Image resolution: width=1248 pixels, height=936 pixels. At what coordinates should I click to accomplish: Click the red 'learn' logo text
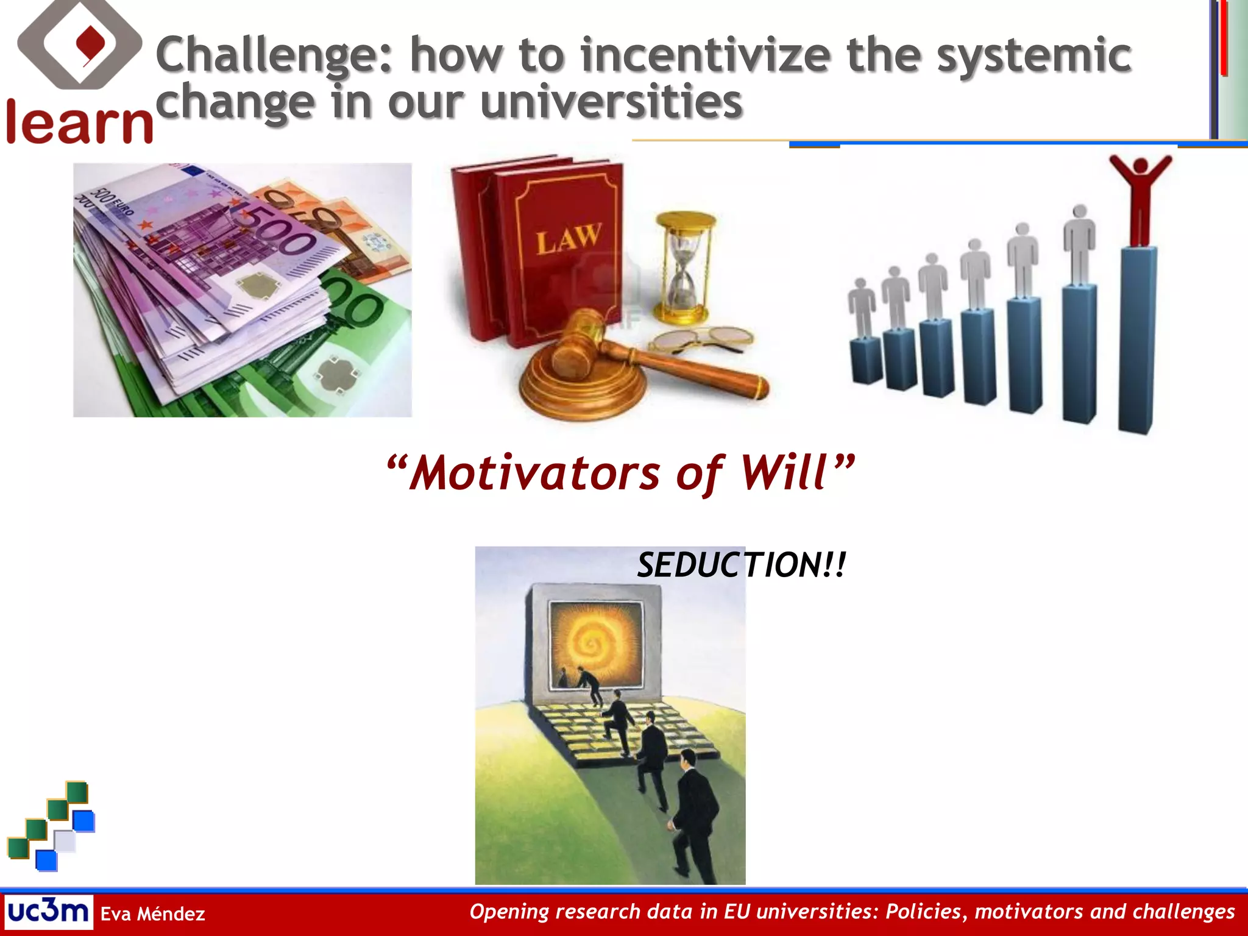(x=79, y=124)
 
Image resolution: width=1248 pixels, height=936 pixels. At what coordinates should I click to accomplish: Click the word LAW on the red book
(x=568, y=238)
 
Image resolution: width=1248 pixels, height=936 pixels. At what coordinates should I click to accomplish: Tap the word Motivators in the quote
(x=534, y=473)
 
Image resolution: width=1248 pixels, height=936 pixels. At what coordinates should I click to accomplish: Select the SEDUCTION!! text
(x=741, y=565)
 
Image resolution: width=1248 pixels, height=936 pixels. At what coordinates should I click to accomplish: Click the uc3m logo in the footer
(x=48, y=912)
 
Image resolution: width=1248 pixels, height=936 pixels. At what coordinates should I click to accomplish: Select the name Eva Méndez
(x=152, y=913)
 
